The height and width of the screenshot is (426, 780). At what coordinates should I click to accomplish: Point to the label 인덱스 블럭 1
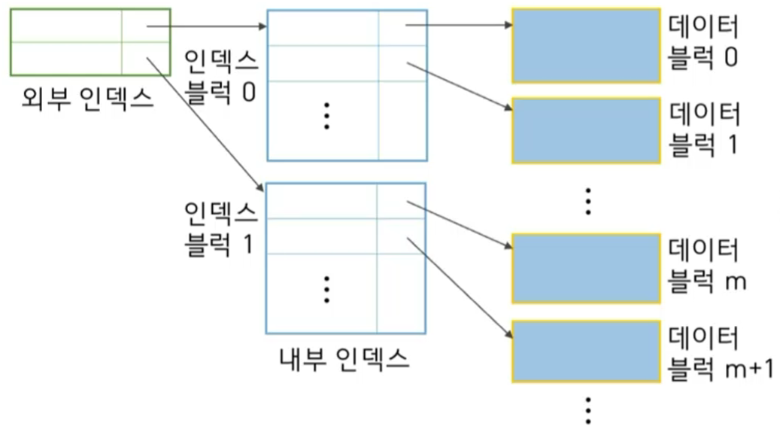pyautogui.click(x=220, y=228)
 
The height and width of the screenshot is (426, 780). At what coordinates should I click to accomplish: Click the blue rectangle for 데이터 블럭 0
pyautogui.click(x=586, y=45)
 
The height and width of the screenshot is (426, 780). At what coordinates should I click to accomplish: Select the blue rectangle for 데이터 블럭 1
pyautogui.click(x=586, y=130)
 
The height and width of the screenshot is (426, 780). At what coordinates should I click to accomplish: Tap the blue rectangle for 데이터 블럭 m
pyautogui.click(x=586, y=268)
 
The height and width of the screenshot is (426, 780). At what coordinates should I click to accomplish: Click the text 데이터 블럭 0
pyautogui.click(x=703, y=44)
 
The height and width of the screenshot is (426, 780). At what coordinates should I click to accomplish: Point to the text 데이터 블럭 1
pyautogui.click(x=703, y=129)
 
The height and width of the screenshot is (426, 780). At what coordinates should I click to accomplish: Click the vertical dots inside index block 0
pyautogui.click(x=326, y=116)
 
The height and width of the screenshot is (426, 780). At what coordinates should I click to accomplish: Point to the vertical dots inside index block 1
pyautogui.click(x=326, y=289)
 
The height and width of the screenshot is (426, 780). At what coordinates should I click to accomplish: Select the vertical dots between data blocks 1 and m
pyautogui.click(x=588, y=201)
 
